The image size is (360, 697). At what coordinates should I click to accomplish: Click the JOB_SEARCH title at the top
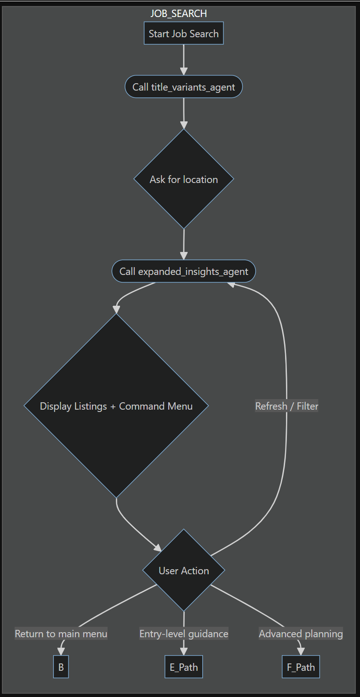tap(179, 14)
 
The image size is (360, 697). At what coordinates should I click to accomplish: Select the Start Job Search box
tap(183, 34)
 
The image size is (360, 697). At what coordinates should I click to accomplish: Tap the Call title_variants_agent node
tap(183, 87)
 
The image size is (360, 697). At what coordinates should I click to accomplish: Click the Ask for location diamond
tap(183, 179)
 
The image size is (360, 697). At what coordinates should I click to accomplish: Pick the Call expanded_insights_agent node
tap(183, 271)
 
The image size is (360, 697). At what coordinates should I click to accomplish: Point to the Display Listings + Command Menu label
tap(116, 406)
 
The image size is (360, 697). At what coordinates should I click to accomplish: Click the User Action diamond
tap(183, 571)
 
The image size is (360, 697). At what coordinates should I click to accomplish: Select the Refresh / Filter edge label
tap(286, 406)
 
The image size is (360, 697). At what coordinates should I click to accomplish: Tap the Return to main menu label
tap(61, 634)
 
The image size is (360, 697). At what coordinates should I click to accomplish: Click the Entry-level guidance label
tap(183, 634)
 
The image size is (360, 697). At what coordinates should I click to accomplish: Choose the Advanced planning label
tap(301, 634)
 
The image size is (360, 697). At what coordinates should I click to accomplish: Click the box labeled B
tap(61, 667)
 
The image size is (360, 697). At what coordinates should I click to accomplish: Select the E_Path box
tap(183, 667)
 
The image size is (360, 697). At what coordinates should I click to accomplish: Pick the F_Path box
tap(301, 667)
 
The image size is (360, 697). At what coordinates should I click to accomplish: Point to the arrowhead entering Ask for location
tap(183, 126)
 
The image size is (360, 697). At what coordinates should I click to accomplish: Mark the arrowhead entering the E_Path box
tap(183, 652)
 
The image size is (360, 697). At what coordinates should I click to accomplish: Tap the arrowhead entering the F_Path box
tap(301, 652)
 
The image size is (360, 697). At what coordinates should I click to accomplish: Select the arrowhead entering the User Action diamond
tap(158, 548)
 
